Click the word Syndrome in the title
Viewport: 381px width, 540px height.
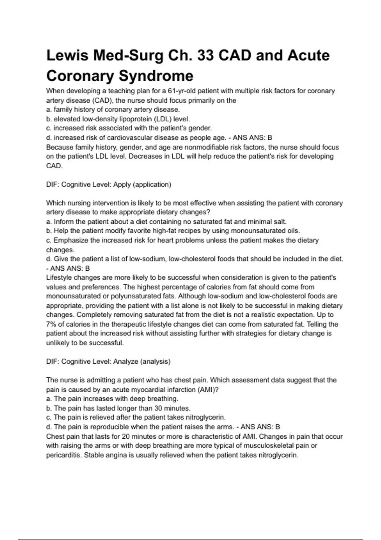[156, 76]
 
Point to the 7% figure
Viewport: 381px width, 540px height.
[51, 324]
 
